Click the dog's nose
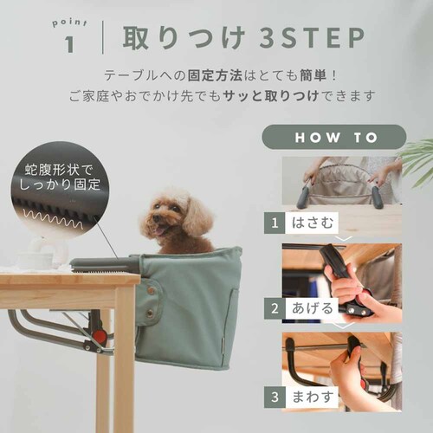tap(156, 218)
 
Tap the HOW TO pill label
tap(334, 137)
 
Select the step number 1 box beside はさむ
tap(275, 223)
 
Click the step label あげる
tap(313, 308)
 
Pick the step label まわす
tap(313, 397)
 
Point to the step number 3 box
tap(275, 397)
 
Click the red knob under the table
tap(99, 336)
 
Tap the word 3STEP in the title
tap(312, 38)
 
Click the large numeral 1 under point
tap(69, 44)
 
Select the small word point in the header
tap(69, 23)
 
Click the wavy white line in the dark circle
tap(54, 218)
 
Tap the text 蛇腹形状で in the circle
tap(58, 170)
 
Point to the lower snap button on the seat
tap(150, 312)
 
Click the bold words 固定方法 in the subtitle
tap(215, 75)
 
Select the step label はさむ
tap(313, 223)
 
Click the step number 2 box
tap(275, 308)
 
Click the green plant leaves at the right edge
tap(417, 162)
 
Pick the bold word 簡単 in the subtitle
tap(313, 75)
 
